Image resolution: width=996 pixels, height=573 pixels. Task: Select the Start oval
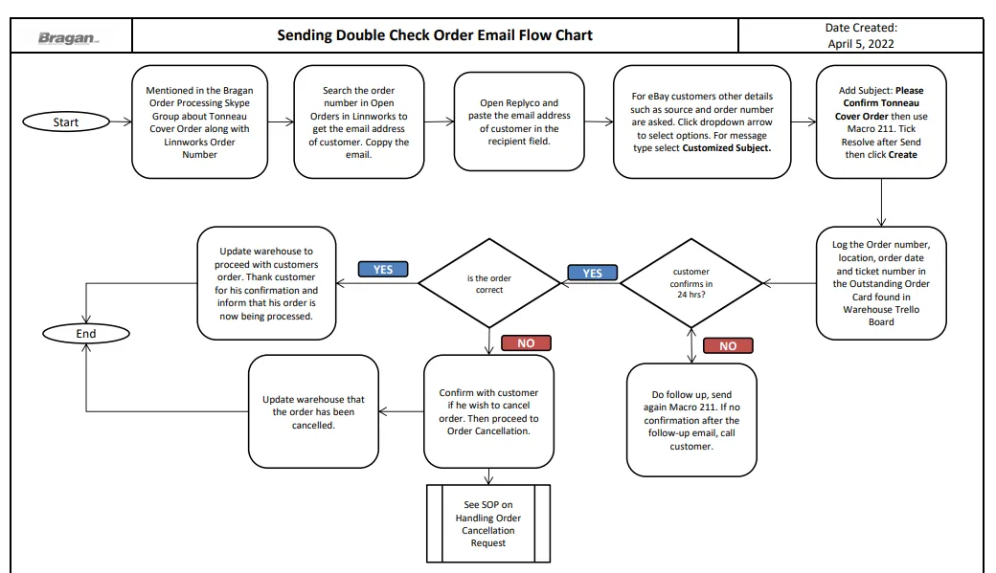click(66, 121)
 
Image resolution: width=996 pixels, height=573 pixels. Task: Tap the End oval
click(86, 334)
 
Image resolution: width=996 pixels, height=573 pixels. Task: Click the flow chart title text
click(435, 34)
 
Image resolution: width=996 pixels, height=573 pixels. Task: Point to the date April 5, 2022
click(861, 44)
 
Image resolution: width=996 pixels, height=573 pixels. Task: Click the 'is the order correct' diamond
click(489, 284)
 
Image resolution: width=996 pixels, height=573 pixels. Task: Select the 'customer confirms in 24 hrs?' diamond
click(691, 283)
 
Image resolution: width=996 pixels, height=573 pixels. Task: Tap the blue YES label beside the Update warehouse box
click(383, 270)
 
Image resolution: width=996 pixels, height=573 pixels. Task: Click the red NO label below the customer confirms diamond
click(728, 346)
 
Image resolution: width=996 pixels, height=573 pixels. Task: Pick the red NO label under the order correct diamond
click(526, 343)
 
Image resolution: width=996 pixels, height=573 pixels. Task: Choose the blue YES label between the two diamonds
click(592, 273)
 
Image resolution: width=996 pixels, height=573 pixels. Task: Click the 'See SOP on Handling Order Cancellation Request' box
click(488, 523)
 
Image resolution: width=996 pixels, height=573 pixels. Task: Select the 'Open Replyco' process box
click(519, 121)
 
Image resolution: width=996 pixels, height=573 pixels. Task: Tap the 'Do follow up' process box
click(691, 420)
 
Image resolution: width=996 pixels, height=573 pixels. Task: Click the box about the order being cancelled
click(314, 412)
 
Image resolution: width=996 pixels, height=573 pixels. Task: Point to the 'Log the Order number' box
click(881, 283)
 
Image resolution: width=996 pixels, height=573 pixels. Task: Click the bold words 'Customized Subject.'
click(727, 148)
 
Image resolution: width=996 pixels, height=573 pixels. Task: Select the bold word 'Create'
click(902, 155)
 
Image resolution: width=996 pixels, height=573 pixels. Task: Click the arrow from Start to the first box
click(121, 121)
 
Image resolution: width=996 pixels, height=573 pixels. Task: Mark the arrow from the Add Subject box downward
click(881, 203)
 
